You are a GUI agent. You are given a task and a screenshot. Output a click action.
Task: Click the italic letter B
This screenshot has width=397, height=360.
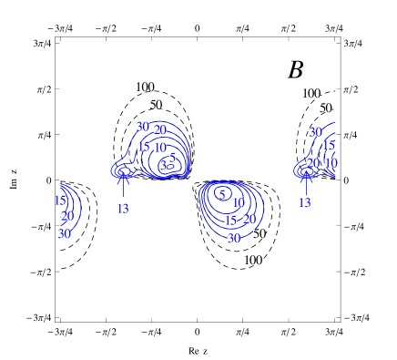[296, 69]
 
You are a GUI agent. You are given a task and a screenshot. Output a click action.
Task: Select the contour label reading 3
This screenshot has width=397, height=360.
[163, 165]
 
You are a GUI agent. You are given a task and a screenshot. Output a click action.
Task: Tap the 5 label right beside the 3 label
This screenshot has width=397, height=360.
[171, 158]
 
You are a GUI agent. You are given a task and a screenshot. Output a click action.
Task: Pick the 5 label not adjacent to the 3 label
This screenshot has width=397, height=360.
[221, 195]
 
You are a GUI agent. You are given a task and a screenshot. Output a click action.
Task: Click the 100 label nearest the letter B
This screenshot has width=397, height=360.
[310, 94]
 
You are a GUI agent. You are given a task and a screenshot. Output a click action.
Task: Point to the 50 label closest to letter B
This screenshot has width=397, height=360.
[325, 108]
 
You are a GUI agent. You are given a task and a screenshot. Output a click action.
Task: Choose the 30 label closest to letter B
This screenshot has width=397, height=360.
[315, 132]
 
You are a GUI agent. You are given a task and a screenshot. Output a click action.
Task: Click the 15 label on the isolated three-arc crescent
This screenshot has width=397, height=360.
[59, 201]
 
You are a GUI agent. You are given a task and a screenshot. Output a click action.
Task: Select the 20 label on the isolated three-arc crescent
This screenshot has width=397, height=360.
[66, 217]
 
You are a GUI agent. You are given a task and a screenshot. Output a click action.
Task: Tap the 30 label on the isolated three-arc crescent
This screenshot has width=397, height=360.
[64, 233]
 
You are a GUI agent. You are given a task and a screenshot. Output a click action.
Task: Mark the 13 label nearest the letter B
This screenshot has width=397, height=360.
[304, 202]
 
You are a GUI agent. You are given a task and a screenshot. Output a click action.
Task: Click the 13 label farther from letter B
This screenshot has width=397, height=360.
[122, 209]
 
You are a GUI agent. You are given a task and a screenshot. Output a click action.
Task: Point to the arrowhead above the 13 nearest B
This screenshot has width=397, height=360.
[305, 178]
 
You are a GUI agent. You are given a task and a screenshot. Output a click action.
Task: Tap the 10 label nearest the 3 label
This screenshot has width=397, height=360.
[159, 148]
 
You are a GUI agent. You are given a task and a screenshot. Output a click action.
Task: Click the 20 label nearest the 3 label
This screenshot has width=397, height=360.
[159, 130]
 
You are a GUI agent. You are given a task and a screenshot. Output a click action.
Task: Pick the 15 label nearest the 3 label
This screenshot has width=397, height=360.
[143, 147]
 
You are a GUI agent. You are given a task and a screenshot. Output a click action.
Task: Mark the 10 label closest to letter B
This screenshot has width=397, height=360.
[331, 163]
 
